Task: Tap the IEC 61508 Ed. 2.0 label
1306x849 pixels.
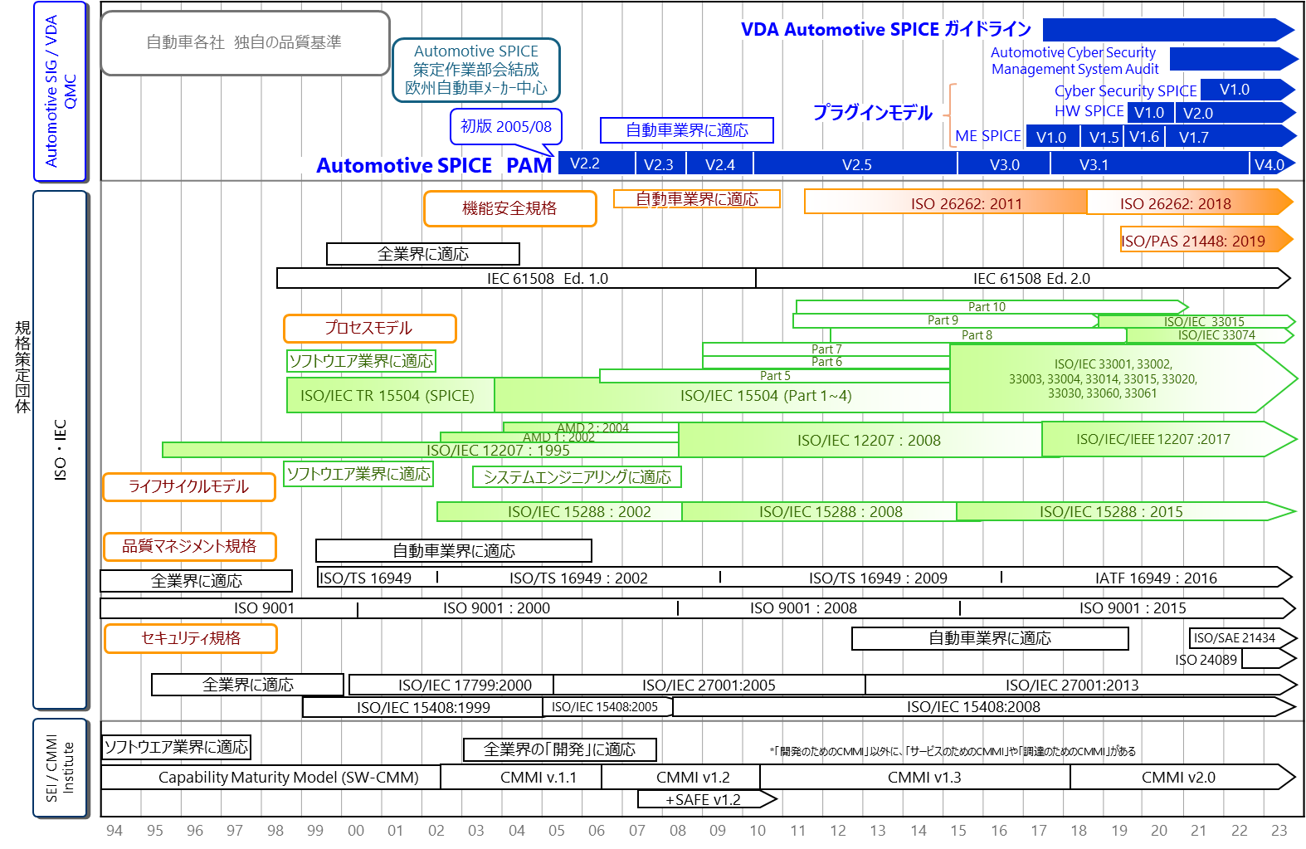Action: (x=1031, y=279)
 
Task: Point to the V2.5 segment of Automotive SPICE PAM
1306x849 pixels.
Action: (x=856, y=164)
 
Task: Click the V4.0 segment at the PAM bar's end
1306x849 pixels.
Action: (x=1269, y=164)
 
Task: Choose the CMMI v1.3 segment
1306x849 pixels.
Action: (x=923, y=778)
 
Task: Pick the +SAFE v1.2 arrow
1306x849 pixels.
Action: (x=703, y=799)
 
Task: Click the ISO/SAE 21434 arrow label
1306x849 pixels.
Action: (x=1234, y=638)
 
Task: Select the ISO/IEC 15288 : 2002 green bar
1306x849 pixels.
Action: (x=579, y=512)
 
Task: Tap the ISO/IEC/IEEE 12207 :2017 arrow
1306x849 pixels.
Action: (x=1153, y=439)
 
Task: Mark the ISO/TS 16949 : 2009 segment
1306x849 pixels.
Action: (x=877, y=578)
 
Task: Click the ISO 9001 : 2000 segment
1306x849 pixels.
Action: (x=496, y=608)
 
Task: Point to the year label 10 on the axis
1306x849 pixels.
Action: (x=758, y=830)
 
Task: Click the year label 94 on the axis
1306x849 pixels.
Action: (x=115, y=830)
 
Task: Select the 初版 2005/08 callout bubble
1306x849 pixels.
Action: (x=506, y=127)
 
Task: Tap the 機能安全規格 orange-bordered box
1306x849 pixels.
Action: (x=509, y=208)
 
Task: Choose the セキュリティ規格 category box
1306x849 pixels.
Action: (x=190, y=638)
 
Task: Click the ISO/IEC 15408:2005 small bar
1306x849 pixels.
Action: (x=605, y=707)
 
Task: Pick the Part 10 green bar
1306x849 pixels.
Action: (x=987, y=307)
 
